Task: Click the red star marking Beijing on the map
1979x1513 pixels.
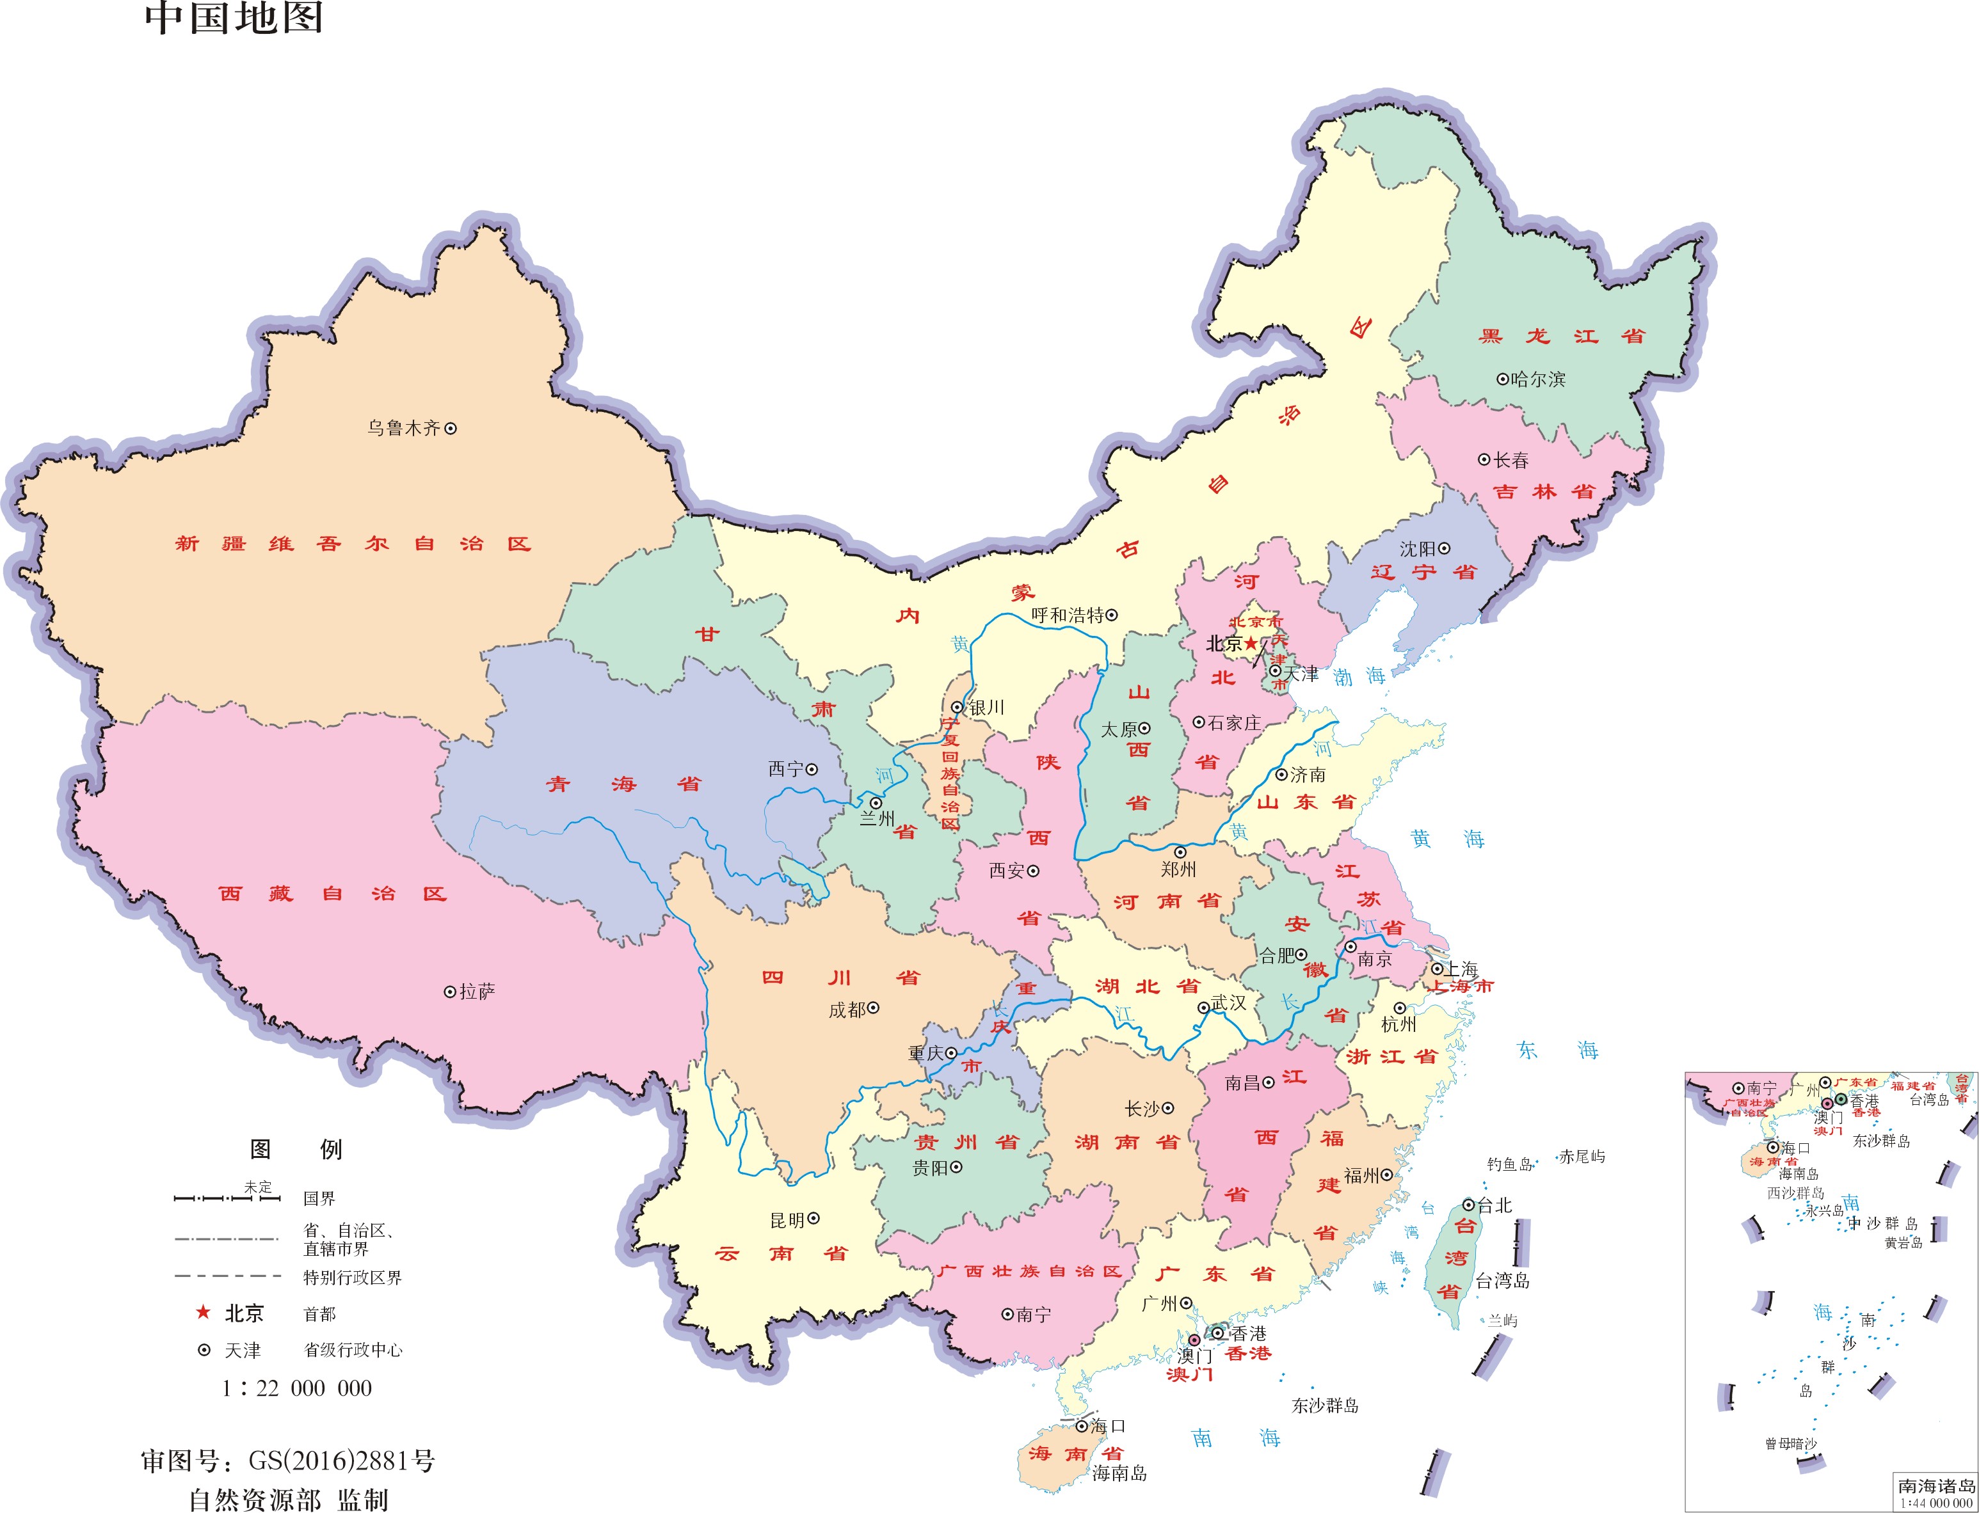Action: tap(1251, 642)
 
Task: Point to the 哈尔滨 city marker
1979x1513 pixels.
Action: tap(1502, 379)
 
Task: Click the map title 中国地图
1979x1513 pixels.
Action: tap(234, 18)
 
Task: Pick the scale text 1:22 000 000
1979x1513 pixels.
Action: tap(296, 1388)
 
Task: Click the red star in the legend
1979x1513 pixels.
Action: tap(204, 1312)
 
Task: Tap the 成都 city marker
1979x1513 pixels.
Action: tap(873, 1009)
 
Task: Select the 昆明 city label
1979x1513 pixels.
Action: tap(787, 1220)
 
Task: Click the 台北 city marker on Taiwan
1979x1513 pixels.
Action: tap(1468, 1205)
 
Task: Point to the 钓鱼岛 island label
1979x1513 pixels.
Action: tap(1509, 1164)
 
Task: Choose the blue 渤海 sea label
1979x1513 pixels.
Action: tap(1358, 676)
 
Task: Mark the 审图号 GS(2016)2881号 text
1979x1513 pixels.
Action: tap(288, 1460)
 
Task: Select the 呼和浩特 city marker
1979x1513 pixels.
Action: tap(1112, 615)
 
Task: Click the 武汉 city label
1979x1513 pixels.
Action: tap(1229, 1002)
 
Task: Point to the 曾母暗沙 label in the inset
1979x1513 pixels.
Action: tap(1791, 1444)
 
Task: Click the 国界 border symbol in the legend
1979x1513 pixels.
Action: tap(227, 1198)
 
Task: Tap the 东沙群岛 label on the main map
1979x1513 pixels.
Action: tap(1325, 1405)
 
